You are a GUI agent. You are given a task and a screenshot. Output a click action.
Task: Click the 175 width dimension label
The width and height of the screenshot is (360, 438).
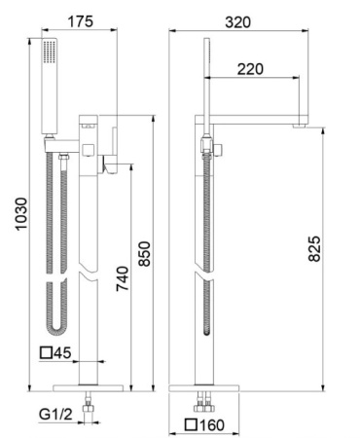(x=80, y=21)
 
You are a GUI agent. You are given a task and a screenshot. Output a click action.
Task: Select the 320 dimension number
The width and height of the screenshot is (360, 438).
(x=237, y=22)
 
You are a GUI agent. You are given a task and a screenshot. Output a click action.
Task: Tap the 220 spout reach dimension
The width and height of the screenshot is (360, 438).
(x=250, y=69)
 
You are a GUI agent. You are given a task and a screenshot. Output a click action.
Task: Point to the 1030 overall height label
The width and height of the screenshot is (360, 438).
(x=21, y=214)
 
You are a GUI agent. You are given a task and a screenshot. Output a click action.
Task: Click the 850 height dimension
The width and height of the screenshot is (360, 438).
(x=144, y=254)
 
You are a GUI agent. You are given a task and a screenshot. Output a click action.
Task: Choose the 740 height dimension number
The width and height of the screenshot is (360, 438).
(x=123, y=278)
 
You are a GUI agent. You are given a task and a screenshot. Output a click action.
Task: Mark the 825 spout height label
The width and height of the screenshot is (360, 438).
(x=314, y=249)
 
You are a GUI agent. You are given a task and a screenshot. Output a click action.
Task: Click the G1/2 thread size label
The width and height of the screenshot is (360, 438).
(x=55, y=414)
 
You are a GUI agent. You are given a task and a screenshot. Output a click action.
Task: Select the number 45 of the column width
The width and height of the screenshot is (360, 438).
(x=62, y=353)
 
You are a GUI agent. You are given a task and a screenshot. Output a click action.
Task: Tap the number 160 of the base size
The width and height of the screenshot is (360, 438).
(x=211, y=424)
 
